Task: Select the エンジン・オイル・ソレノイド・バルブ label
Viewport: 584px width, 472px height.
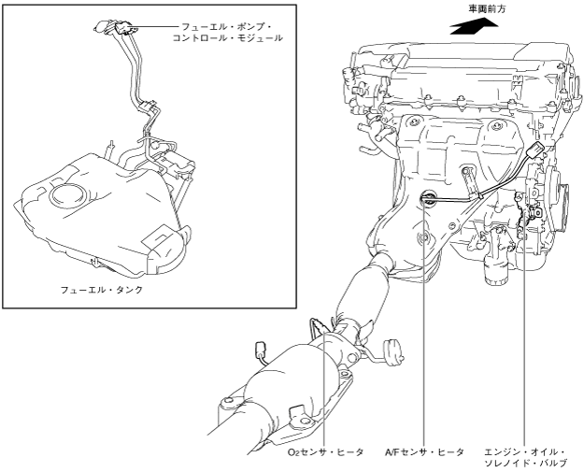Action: tap(528, 455)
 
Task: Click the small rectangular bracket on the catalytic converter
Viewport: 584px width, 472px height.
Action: tap(300, 412)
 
